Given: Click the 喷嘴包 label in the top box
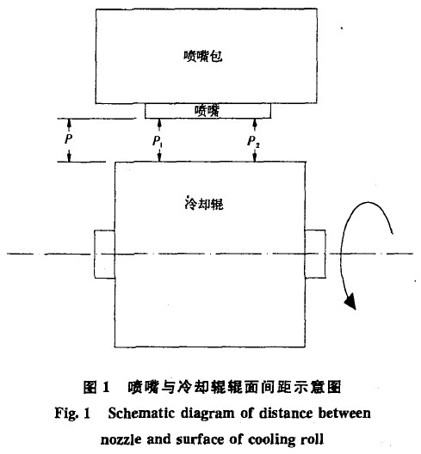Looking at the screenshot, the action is pyautogui.click(x=203, y=56).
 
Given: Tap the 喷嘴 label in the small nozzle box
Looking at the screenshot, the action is pyautogui.click(x=207, y=111).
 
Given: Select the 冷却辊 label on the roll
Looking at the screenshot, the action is pyautogui.click(x=204, y=204).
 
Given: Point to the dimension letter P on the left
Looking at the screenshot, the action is pyautogui.click(x=68, y=139).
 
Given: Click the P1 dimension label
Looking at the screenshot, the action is pyautogui.click(x=158, y=141).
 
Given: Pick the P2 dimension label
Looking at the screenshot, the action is pyautogui.click(x=253, y=141).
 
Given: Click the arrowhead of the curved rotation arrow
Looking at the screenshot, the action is pyautogui.click(x=350, y=302).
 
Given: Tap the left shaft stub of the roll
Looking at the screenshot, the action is pyautogui.click(x=104, y=255).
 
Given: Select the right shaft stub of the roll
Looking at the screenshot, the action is pyautogui.click(x=315, y=254).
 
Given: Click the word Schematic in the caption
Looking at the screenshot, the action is pyautogui.click(x=141, y=414).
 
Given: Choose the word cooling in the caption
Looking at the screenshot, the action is pyautogui.click(x=273, y=440).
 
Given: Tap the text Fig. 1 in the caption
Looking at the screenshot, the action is pyautogui.click(x=72, y=414).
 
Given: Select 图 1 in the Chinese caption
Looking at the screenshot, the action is pyautogui.click(x=96, y=387).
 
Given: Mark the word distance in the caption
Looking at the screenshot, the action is pyautogui.click(x=286, y=414).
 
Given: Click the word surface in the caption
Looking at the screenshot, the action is pyautogui.click(x=200, y=440).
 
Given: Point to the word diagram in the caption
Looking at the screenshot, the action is pyautogui.click(x=207, y=414).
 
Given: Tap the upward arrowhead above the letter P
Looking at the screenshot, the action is pyautogui.click(x=69, y=123).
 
